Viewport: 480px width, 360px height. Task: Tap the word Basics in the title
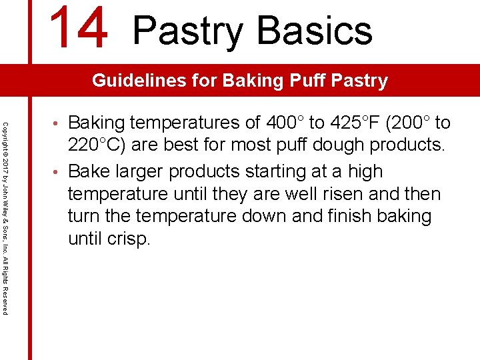pyautogui.click(x=314, y=30)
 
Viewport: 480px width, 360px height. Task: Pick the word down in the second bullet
pyautogui.click(x=271, y=216)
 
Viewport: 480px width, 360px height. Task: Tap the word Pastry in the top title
pyautogui.click(x=189, y=30)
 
